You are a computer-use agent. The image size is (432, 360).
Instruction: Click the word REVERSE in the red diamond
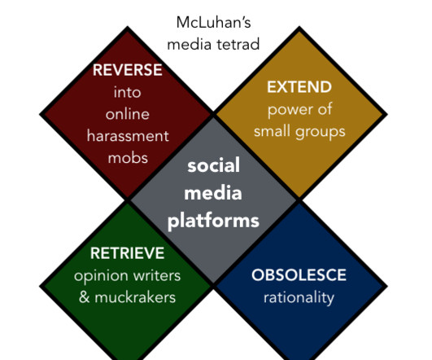click(127, 70)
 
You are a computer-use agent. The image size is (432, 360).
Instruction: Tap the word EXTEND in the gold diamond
click(299, 87)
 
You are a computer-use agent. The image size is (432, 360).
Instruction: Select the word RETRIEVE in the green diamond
click(127, 253)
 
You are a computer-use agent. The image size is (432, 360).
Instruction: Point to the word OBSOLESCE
click(299, 274)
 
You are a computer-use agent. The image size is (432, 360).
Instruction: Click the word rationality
click(299, 298)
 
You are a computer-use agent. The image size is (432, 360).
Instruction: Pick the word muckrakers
click(135, 297)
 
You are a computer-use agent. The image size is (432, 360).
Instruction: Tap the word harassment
click(128, 136)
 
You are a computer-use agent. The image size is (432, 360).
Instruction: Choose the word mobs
click(128, 158)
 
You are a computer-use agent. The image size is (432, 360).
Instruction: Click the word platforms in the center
click(213, 222)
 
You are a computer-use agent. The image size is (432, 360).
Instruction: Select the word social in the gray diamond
click(213, 165)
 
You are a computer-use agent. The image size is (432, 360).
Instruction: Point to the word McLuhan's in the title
click(213, 22)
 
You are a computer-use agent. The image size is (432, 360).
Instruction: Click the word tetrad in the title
click(238, 45)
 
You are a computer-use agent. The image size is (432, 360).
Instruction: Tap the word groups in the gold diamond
click(321, 132)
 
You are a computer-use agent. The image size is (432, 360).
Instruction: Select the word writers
click(157, 275)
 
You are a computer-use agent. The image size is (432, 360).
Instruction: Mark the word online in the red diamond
click(128, 114)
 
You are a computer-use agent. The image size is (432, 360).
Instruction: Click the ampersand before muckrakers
click(84, 297)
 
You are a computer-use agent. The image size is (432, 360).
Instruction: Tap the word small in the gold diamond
click(273, 131)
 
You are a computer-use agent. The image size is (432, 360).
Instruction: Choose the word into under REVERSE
click(127, 92)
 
